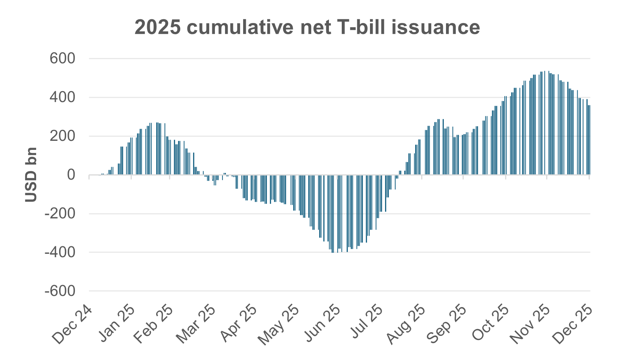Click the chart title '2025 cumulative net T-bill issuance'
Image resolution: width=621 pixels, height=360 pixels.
[x=307, y=27]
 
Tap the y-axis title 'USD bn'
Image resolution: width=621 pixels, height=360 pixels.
[x=31, y=174]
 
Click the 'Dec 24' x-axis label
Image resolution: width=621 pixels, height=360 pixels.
[x=72, y=325]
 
